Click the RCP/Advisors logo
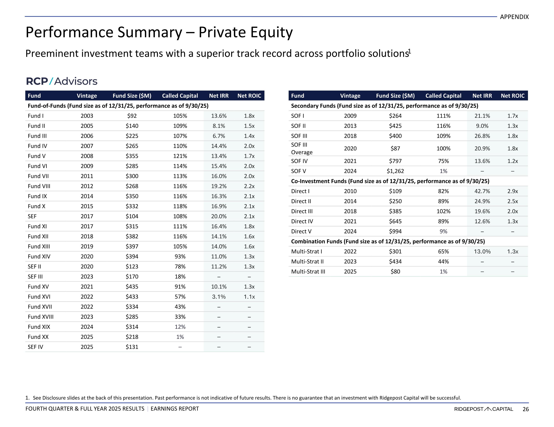pos(62,81)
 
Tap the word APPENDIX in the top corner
pos(514,17)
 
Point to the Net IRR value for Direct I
pos(482,191)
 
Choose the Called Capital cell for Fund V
pos(180,156)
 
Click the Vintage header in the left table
pos(87,96)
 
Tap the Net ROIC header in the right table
pos(512,96)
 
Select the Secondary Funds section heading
pos(384,106)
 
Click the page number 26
pos(526,409)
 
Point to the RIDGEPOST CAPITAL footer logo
pos(483,409)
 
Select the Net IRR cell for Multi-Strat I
pos(482,252)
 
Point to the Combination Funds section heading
pos(388,241)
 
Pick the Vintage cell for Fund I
pos(87,116)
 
